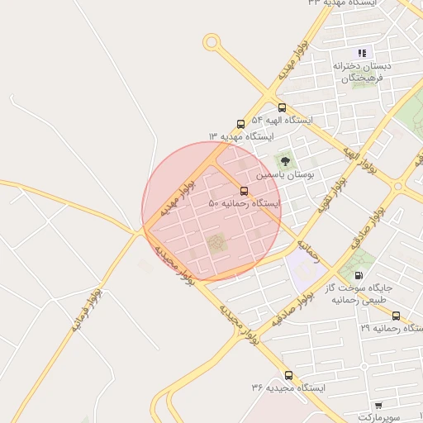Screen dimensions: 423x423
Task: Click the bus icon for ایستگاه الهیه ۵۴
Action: tap(283, 107)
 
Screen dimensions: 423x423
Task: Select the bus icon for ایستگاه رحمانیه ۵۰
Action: tap(243, 191)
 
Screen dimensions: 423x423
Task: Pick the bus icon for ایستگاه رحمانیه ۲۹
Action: tap(396, 316)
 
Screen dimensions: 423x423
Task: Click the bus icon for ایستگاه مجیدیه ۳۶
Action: tap(288, 375)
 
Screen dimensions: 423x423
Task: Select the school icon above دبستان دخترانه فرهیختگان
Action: tap(362, 53)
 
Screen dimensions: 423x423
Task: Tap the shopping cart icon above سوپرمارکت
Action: tap(378, 405)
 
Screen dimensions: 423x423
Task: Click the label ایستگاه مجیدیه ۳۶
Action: tap(289, 387)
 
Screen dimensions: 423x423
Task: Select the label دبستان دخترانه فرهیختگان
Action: tap(363, 71)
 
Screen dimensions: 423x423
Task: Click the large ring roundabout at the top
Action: tap(211, 41)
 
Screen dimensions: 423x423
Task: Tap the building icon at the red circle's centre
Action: tap(216, 243)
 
